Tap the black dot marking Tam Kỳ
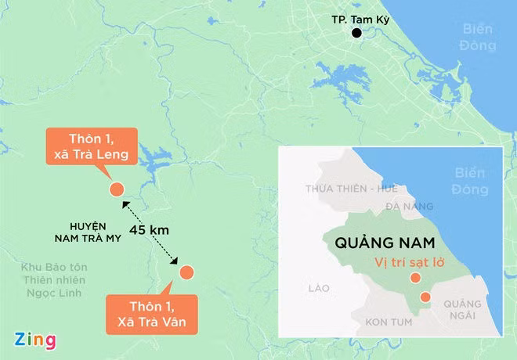(357, 33)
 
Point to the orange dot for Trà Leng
(116, 189)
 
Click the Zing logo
(34, 340)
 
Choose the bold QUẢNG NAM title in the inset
(378, 243)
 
